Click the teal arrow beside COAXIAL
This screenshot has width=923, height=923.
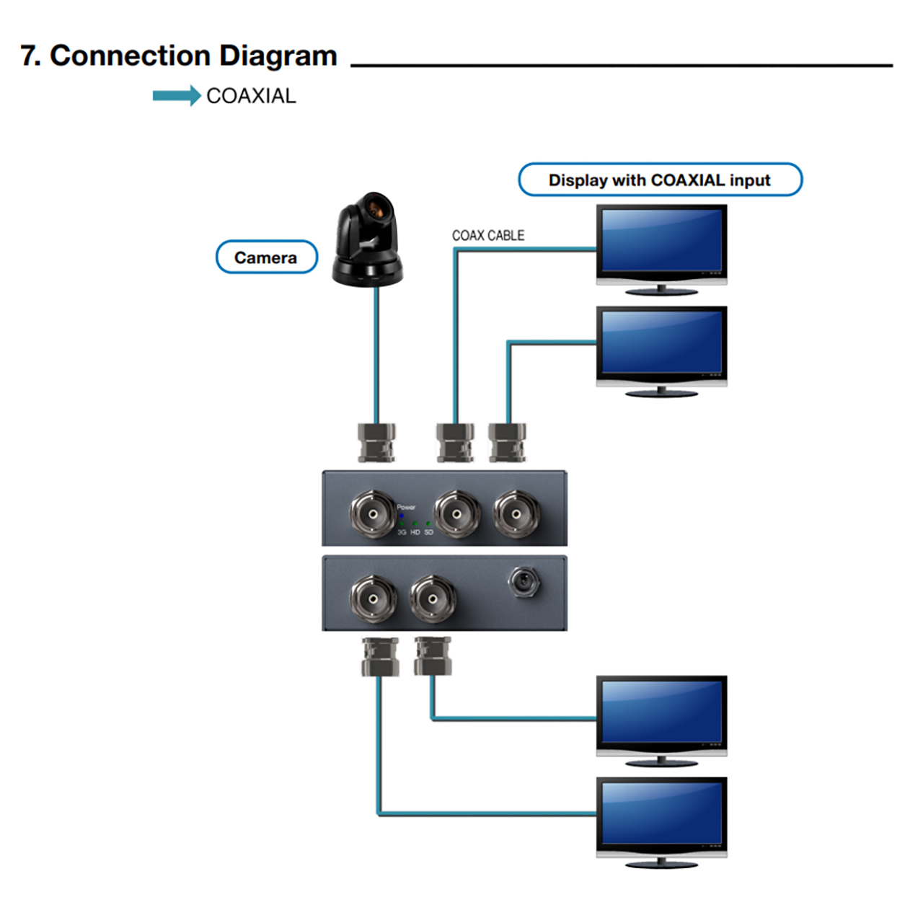click(176, 96)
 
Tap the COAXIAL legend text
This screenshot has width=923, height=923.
click(251, 96)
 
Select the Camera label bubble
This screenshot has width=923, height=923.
click(266, 257)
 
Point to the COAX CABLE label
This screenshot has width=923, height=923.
click(487, 236)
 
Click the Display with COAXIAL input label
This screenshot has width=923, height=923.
click(660, 180)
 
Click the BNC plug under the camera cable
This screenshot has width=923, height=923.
click(376, 442)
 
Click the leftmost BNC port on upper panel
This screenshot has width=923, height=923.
click(372, 514)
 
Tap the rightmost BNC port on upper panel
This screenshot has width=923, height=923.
click(516, 514)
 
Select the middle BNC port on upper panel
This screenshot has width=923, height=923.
click(456, 514)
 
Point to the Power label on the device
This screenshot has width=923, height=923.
click(406, 507)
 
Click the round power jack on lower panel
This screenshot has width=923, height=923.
click(524, 581)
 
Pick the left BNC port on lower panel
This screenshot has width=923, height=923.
click(372, 599)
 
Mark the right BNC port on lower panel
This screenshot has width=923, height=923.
click(432, 599)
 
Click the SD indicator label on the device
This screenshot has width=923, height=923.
click(429, 532)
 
